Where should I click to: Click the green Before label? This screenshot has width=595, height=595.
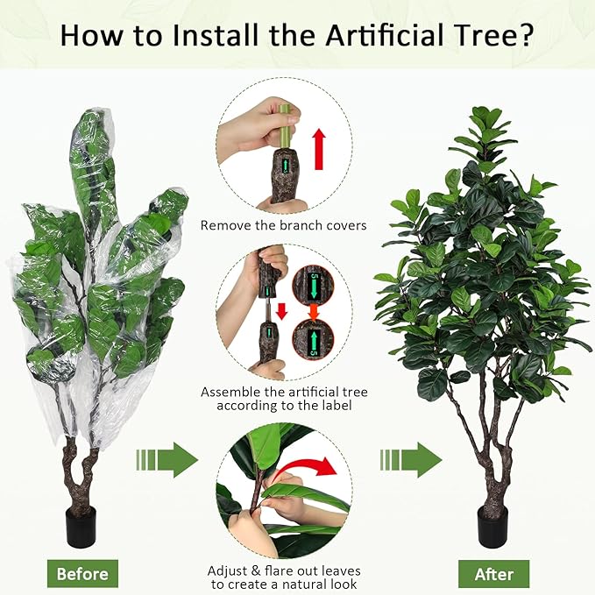pos(82,574)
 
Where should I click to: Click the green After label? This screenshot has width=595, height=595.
pos(493,574)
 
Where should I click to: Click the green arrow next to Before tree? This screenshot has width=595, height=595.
pos(167,460)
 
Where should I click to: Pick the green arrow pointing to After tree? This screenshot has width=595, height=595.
pos(411,460)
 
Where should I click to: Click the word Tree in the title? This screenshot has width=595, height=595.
pos(472,37)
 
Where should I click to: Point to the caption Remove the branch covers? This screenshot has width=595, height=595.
pos(283,225)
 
